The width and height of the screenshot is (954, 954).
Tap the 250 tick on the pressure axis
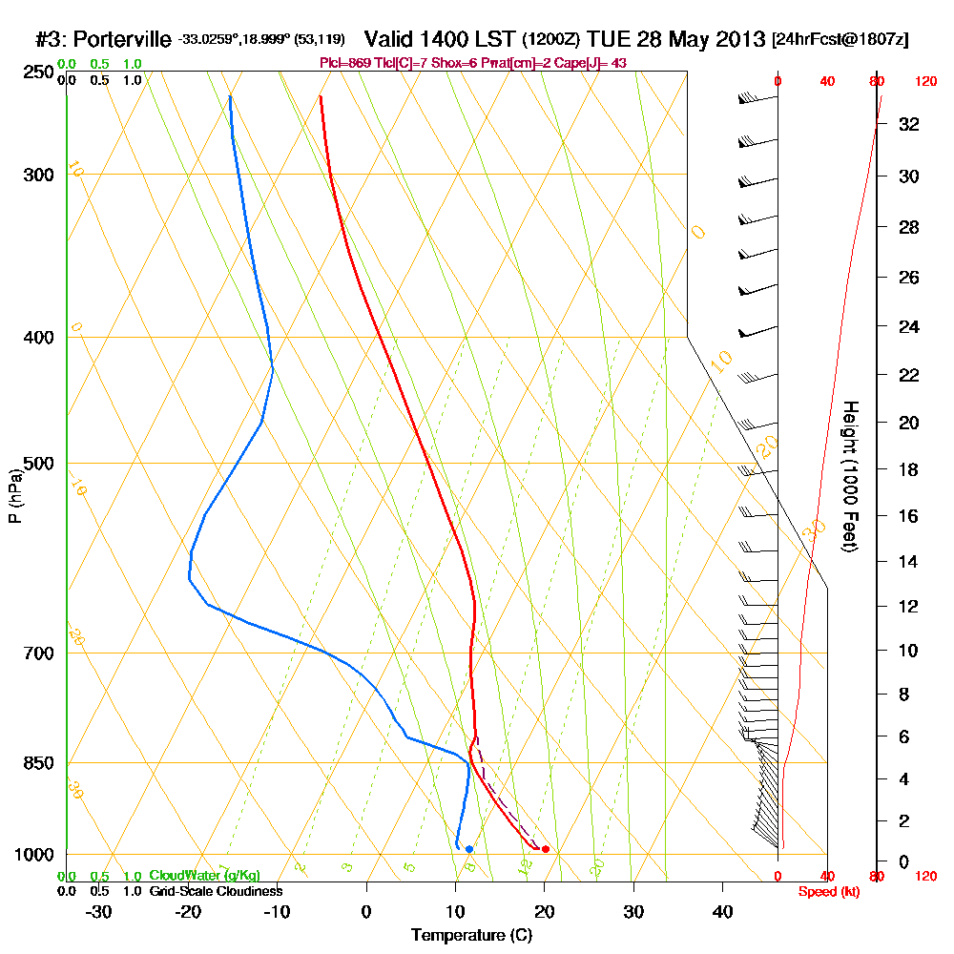tap(37, 72)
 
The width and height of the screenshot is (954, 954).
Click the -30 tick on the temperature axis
tap(99, 911)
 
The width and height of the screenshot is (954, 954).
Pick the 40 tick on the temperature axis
tap(722, 911)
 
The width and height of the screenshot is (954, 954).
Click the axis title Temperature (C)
tap(471, 936)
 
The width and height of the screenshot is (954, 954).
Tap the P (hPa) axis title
tap(14, 496)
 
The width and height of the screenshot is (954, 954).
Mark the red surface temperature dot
tap(545, 849)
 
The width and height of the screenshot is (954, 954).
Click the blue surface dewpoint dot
tap(468, 849)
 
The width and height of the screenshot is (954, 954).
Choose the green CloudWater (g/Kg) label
tap(204, 876)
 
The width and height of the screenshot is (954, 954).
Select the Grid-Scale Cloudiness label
tap(215, 891)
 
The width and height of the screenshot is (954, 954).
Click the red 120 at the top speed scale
tap(925, 82)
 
